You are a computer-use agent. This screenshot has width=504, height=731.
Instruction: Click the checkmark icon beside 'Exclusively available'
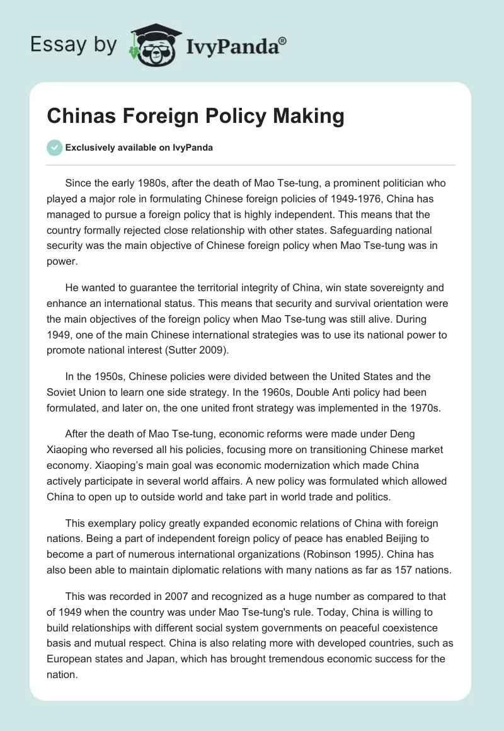54,147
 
